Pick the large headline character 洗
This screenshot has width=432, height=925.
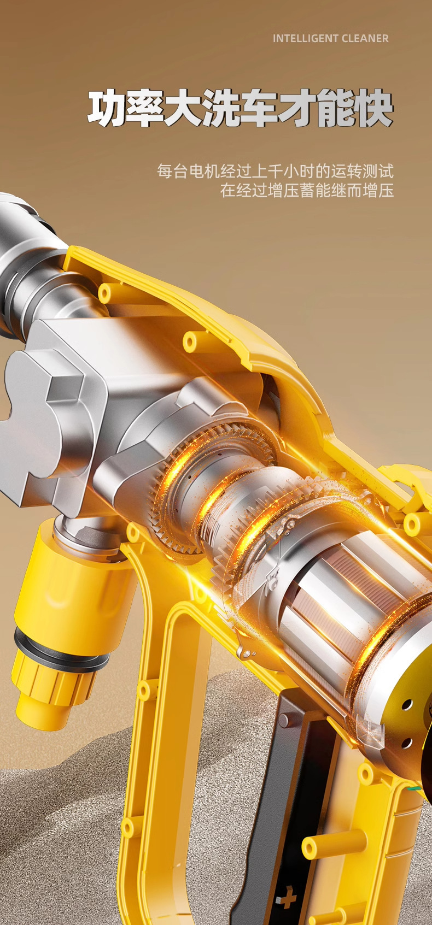click(x=221, y=108)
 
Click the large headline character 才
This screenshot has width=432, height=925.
click(x=297, y=108)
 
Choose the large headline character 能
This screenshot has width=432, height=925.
click(x=336, y=108)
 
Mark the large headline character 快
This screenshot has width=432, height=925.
click(x=373, y=108)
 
